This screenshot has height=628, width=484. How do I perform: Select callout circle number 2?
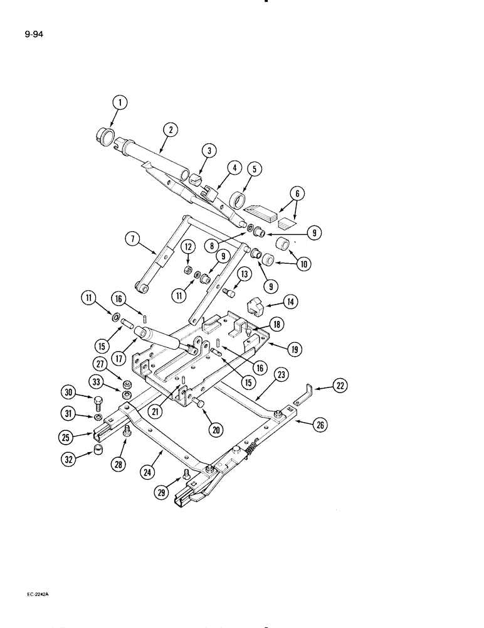(169, 131)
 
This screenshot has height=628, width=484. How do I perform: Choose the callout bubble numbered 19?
(256, 169)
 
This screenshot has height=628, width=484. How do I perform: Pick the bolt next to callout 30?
(97, 403)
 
